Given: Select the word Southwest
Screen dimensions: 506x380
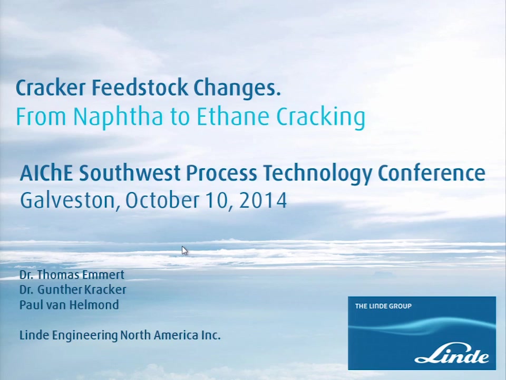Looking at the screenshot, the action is (x=129, y=173).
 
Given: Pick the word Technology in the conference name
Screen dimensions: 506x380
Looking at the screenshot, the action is (x=317, y=174).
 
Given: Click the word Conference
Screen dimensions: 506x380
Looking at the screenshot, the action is (x=432, y=173).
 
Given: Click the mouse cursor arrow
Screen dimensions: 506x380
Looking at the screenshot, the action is (x=184, y=251).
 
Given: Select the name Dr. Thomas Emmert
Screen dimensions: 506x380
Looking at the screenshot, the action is (x=72, y=274).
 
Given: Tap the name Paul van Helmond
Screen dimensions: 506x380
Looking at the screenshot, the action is (x=69, y=305).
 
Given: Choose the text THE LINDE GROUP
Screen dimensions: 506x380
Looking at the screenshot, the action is (x=383, y=306).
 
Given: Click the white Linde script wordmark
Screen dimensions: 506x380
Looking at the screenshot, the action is (x=452, y=355).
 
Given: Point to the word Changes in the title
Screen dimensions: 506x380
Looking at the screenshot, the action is (x=237, y=88).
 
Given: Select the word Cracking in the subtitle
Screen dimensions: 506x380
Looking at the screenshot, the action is (x=321, y=117).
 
